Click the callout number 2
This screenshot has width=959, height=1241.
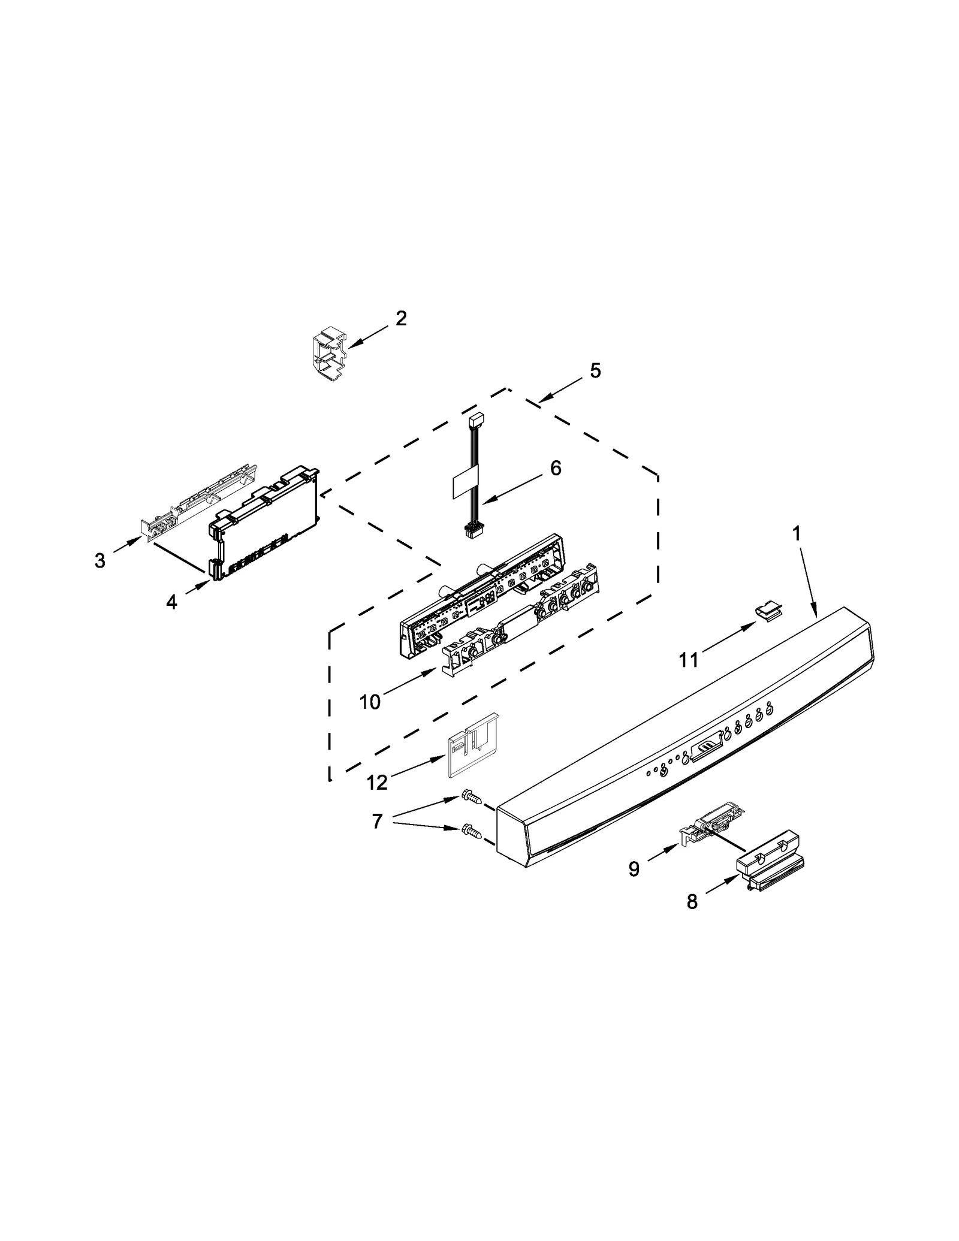pos(401,318)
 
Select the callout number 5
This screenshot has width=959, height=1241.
pos(595,371)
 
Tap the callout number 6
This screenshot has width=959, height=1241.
pos(556,468)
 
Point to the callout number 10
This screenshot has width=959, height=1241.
pos(370,702)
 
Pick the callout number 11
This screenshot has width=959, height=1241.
pos(688,660)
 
